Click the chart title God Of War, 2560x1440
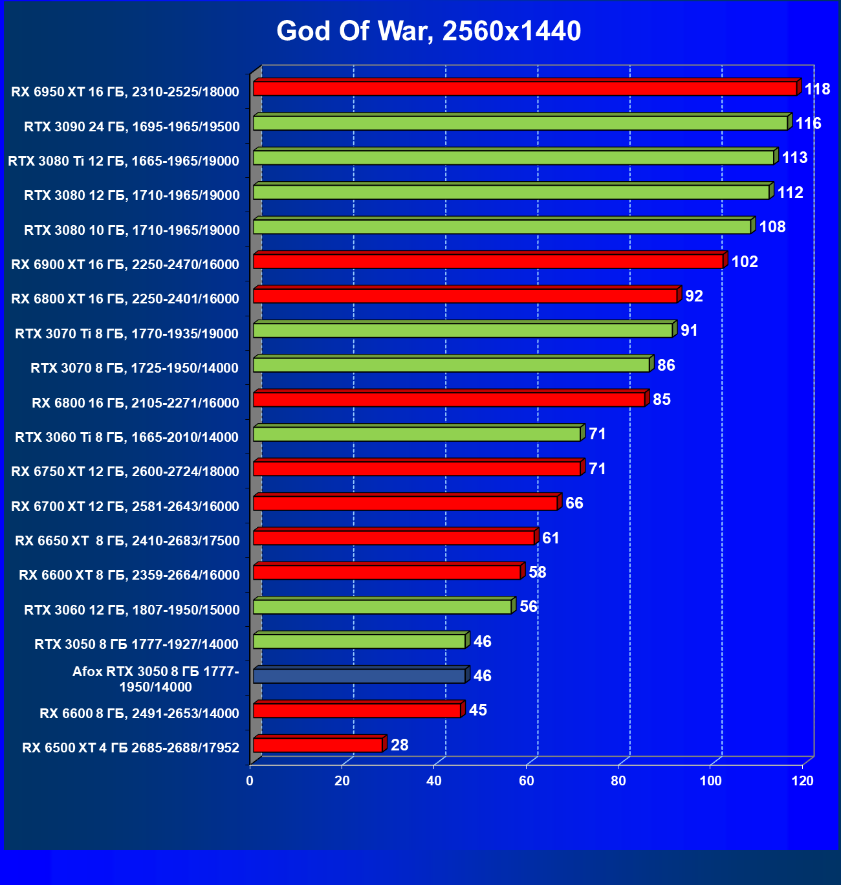click(428, 31)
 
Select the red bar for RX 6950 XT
click(524, 88)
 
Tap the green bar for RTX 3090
click(519, 123)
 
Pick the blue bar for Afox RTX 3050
click(359, 675)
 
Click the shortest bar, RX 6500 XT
click(318, 745)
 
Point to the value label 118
click(817, 89)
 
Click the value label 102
click(744, 261)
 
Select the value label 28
click(399, 745)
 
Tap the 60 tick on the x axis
click(527, 781)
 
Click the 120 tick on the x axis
click(803, 781)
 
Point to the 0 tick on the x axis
click(250, 781)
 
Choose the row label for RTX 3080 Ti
click(124, 161)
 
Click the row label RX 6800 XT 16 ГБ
click(126, 299)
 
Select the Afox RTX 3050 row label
click(155, 679)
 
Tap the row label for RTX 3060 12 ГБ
click(132, 609)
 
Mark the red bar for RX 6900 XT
click(488, 261)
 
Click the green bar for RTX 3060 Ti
click(417, 433)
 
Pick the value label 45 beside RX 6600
click(477, 710)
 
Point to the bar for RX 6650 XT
click(394, 537)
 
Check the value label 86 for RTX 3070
click(666, 365)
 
